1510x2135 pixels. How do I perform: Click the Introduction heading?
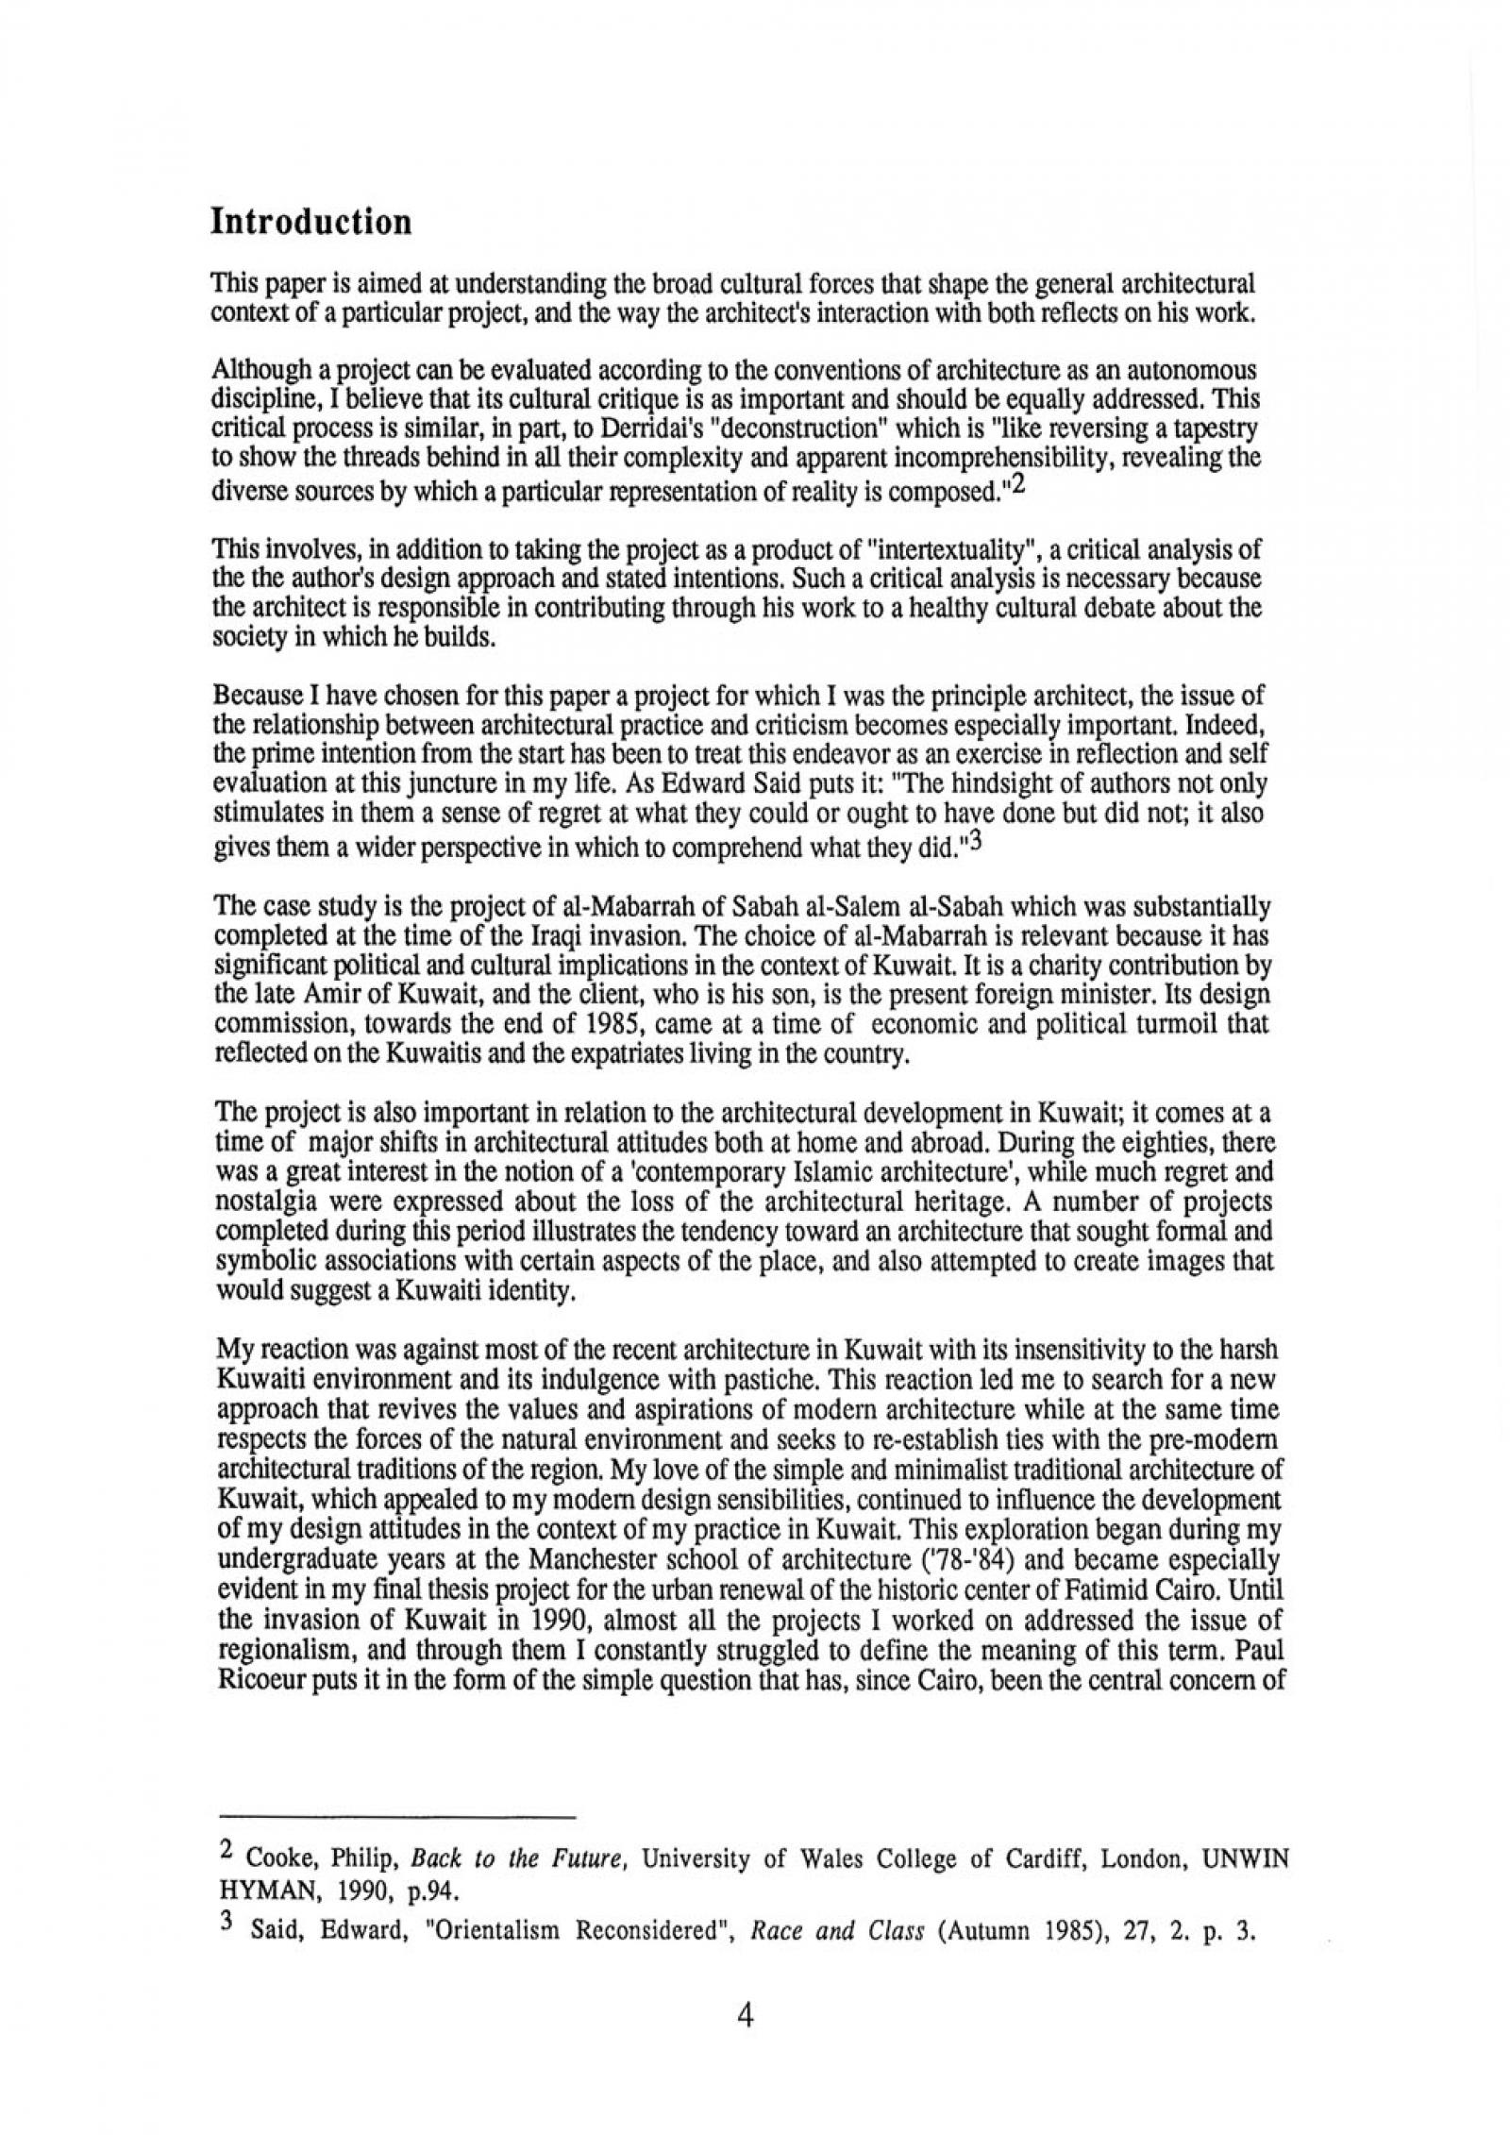coord(310,223)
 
